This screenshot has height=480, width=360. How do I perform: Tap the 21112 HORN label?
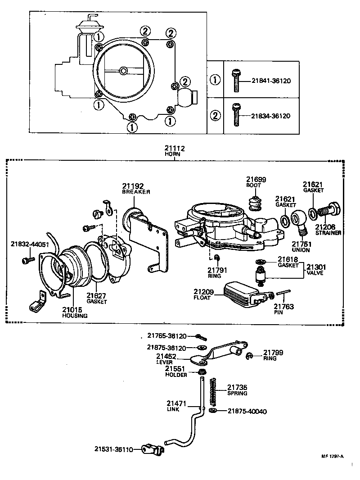(175, 150)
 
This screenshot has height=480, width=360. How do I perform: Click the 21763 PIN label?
(284, 309)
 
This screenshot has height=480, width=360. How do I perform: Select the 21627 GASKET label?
(96, 298)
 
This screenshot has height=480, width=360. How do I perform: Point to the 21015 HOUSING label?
(75, 312)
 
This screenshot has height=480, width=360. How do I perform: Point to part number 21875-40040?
(247, 411)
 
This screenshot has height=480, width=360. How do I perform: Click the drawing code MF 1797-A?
(333, 455)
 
